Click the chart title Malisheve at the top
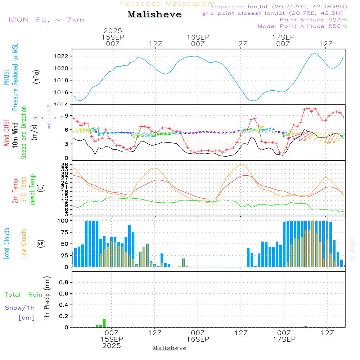pos(154,15)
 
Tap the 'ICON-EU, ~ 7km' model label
pos(46,20)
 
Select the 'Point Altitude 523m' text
pos(313,20)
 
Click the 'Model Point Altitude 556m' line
pos(302,26)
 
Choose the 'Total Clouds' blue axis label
pos(6,244)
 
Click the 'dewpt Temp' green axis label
pos(32,189)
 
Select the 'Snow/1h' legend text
pos(20,308)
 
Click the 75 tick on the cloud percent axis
pos(64,232)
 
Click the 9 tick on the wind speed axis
pos(66,116)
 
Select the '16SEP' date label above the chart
pos(198,37)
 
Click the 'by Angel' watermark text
pos(352,249)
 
